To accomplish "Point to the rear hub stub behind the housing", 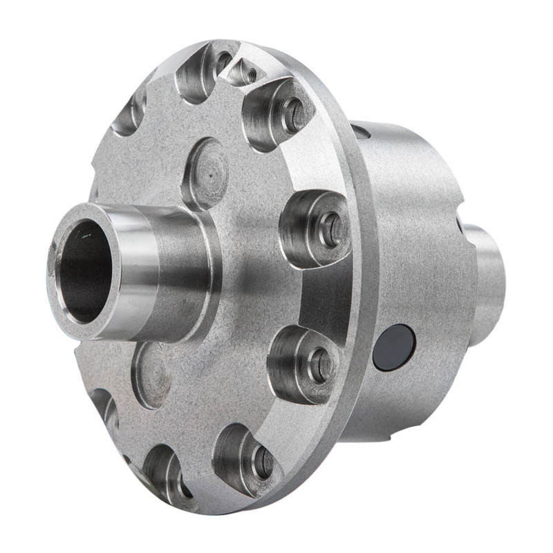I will [x=487, y=276].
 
